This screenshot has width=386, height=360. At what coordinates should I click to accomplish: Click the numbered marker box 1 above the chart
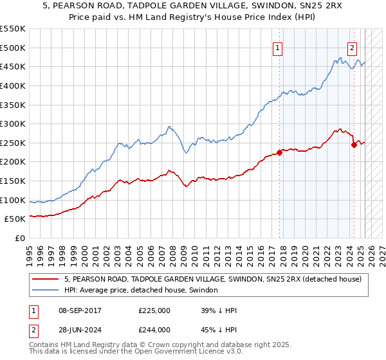(277, 47)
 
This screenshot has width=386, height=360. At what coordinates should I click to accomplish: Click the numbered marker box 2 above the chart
(353, 47)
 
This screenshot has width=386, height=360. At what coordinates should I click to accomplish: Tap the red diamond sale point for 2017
(279, 152)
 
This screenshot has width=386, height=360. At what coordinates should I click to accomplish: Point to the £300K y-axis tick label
(13, 123)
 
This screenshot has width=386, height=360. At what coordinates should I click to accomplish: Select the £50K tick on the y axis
(15, 219)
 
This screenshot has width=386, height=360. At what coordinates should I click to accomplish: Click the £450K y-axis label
(13, 66)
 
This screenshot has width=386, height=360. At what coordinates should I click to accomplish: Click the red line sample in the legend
(46, 279)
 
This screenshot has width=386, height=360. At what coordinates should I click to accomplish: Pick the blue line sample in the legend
(46, 291)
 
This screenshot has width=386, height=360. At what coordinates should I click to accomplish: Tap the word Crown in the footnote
(172, 345)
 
